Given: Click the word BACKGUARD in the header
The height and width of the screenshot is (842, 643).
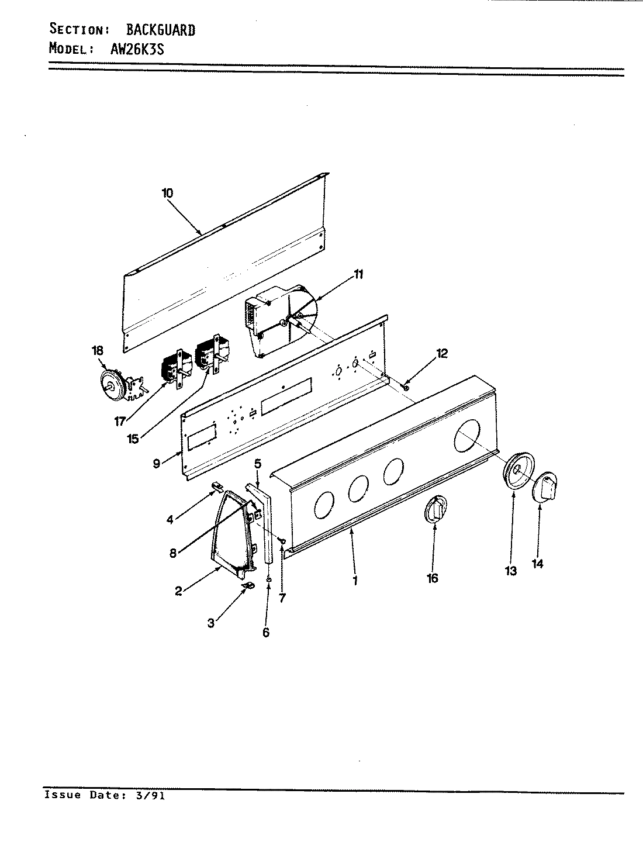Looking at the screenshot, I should click(161, 30).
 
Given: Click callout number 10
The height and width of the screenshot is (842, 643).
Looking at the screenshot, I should click(168, 193).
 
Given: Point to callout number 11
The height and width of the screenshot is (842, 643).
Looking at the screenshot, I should click(358, 274).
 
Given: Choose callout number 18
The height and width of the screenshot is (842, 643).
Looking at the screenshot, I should click(97, 350).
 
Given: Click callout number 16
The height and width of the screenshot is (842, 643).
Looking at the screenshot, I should click(433, 578).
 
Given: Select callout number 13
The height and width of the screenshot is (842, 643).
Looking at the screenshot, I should click(511, 571).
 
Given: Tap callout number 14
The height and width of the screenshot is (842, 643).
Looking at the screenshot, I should click(538, 564).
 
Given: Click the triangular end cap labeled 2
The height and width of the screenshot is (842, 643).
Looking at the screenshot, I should click(231, 532).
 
